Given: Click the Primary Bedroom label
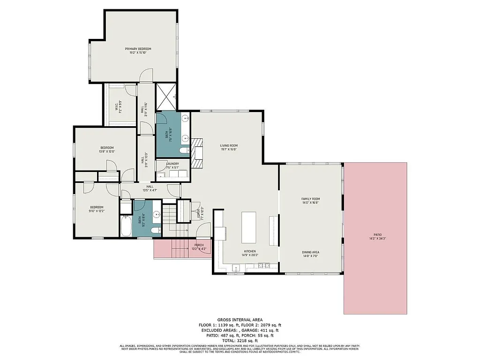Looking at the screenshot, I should (x=138, y=49).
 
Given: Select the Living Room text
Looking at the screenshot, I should (x=229, y=146).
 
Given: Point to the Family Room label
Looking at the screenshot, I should (x=310, y=199).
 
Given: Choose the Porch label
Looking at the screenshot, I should (x=198, y=245).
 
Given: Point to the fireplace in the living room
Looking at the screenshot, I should (x=197, y=153).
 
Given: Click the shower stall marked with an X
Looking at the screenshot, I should (x=166, y=97).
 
